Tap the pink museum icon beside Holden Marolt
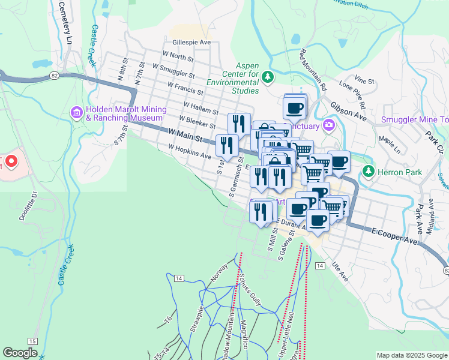76,112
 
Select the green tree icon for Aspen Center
268,76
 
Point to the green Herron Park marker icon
368,172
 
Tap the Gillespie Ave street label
191,43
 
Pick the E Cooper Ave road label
394,235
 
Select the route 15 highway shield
32,341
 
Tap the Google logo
20,353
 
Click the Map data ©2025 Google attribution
412,355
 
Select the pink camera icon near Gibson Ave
328,125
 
